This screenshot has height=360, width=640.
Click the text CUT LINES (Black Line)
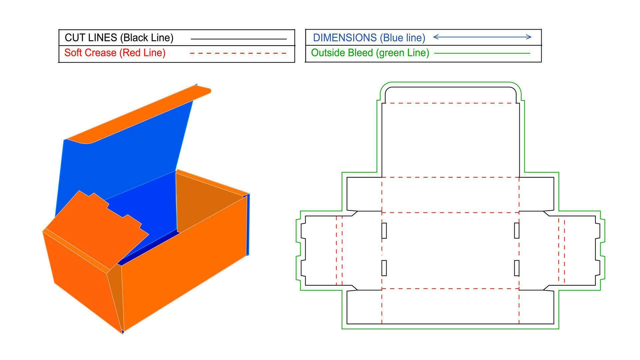119,38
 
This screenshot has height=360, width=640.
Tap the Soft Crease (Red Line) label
115,53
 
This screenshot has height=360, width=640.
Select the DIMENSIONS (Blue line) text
369,38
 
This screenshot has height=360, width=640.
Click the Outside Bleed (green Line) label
370,53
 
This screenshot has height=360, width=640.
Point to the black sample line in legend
238,39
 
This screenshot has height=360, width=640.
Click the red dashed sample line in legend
238,53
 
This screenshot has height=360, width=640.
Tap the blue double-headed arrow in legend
482,37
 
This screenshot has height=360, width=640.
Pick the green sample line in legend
482,53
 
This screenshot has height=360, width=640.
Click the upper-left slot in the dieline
384,230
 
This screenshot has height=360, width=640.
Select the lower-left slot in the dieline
384,268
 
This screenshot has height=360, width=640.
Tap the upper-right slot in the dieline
517,230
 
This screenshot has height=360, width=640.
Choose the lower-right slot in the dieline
517,268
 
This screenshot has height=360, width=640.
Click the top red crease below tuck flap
450,103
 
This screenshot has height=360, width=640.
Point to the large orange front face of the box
183,267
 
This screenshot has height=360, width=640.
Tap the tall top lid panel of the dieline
450,140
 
